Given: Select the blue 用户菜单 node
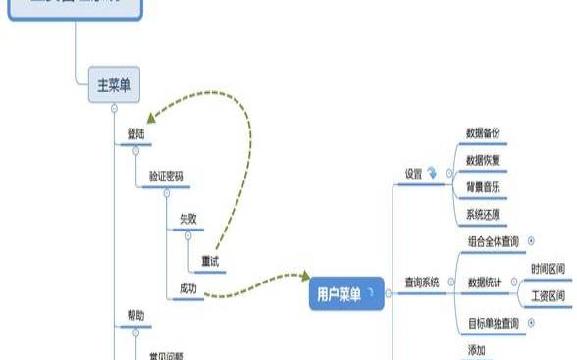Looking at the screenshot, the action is click(340, 293).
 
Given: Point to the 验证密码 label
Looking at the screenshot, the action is click(165, 177).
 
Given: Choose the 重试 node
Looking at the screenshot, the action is click(210, 261).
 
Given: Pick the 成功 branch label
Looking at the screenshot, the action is click(187, 288).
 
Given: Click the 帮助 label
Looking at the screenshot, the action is click(135, 315).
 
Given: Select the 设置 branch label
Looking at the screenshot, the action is click(414, 174).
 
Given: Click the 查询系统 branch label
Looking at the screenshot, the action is click(422, 283).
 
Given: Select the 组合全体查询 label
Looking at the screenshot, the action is click(495, 240).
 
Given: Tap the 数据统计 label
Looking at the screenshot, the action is click(485, 283).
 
